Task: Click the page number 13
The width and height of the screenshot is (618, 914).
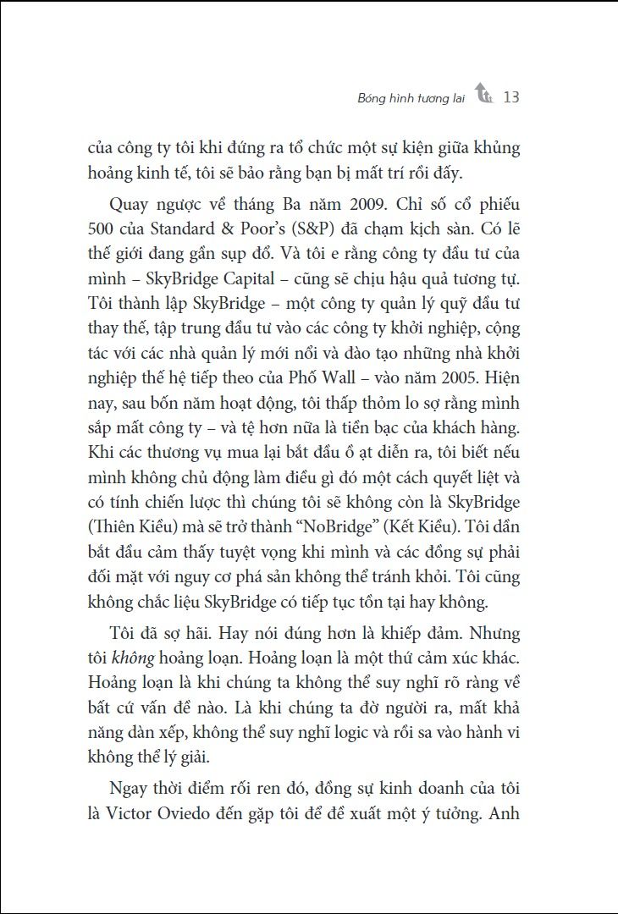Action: (x=510, y=97)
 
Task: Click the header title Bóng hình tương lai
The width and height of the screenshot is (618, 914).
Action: (x=412, y=98)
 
